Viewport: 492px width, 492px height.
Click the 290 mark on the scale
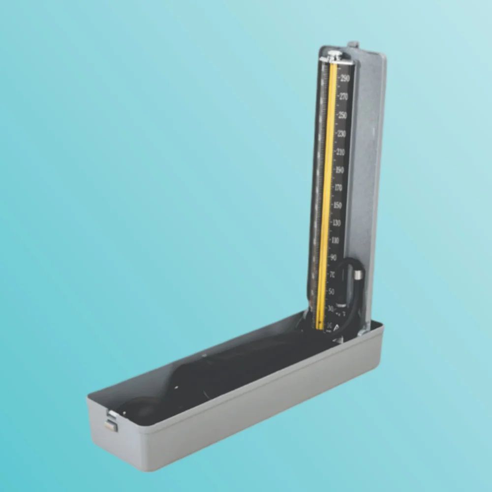pyautogui.click(x=344, y=78)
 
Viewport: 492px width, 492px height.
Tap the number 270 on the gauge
pyautogui.click(x=343, y=96)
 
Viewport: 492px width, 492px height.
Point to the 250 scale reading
pyautogui.click(x=342, y=115)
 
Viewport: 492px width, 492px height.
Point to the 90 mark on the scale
pyautogui.click(x=333, y=258)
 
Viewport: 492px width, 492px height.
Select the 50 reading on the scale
pyautogui.click(x=332, y=291)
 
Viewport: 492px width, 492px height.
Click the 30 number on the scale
pyautogui.click(x=330, y=308)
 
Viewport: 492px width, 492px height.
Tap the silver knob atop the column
pyautogui.click(x=335, y=55)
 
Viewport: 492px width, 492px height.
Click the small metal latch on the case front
pyautogui.click(x=111, y=422)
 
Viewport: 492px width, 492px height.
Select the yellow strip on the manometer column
pyautogui.click(x=326, y=197)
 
